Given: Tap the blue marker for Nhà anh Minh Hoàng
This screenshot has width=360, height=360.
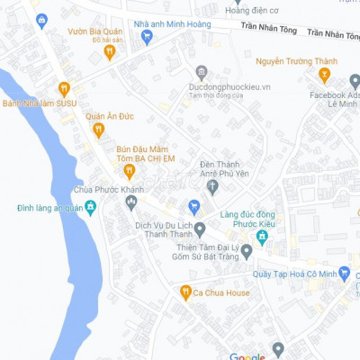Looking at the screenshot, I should tap(148, 37).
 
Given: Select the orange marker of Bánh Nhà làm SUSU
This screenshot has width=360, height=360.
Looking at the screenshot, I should tap(64, 88).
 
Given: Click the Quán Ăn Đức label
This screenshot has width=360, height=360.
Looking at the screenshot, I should tap(109, 115).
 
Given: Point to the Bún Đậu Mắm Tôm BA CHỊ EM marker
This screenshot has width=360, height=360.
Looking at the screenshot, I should tap(129, 171).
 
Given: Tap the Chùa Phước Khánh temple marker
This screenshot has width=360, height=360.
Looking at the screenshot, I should tap(130, 202).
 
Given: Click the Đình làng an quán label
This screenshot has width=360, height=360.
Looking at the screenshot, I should tap(49, 208).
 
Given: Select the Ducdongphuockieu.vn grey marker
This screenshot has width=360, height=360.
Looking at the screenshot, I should tap(202, 71).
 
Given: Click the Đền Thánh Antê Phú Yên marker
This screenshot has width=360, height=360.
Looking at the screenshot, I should tap(212, 187).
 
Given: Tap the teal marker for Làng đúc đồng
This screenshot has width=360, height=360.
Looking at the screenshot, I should tap(262, 237).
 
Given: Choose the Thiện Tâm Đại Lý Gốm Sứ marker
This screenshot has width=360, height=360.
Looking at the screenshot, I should tap(200, 229).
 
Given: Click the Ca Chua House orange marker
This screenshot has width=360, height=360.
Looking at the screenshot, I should tap(185, 292).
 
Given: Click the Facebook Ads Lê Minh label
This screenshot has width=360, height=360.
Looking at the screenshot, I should tap(335, 100).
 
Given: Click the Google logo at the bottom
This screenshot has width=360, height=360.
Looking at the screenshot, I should tap(247, 356).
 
